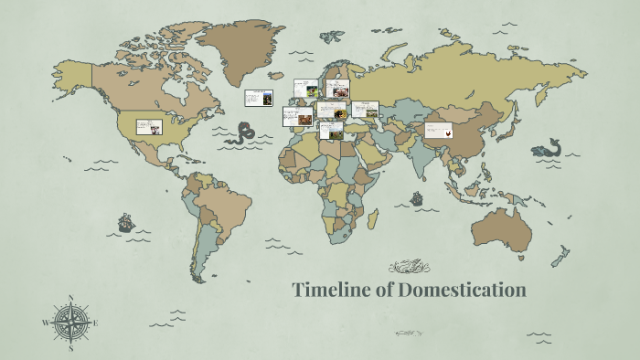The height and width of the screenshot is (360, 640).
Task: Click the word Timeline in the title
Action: click(331, 291)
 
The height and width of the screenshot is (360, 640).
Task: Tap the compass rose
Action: click(70, 323)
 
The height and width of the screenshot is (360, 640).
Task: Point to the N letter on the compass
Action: click(70, 298)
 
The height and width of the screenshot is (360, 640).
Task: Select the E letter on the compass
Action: click(95, 323)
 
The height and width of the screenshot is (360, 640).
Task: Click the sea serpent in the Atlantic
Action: click(243, 135)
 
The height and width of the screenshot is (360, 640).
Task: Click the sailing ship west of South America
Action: click(125, 222)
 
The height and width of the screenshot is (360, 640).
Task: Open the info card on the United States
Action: click(149, 127)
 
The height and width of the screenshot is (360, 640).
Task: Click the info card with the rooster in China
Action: click(439, 130)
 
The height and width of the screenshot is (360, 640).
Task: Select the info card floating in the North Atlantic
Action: click(258, 98)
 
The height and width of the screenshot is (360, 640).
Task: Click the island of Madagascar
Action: click(374, 218)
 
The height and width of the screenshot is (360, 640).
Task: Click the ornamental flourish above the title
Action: click(409, 267)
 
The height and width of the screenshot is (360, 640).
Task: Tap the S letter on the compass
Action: click(70, 348)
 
